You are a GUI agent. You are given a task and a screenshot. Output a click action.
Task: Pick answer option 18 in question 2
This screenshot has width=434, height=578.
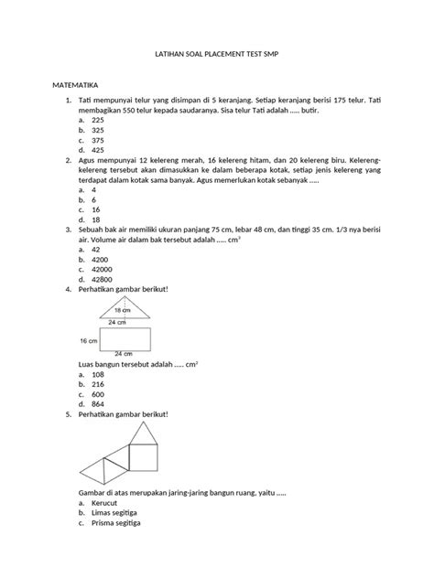click(93, 220)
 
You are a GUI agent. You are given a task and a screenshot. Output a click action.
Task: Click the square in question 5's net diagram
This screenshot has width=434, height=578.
click(143, 456)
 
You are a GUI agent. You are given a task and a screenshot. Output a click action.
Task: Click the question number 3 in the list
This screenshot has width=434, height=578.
click(67, 230)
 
